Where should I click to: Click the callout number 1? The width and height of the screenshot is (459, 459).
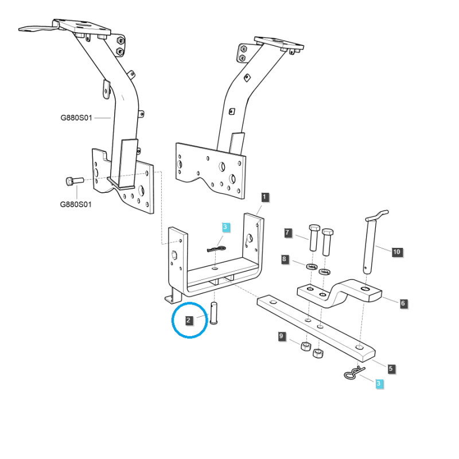(264, 197)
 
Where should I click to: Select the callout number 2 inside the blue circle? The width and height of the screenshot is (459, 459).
(188, 320)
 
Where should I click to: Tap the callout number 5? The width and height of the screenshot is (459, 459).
(391, 368)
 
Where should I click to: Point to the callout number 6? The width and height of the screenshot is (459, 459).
(403, 304)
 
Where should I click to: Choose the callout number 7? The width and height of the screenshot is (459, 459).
(289, 233)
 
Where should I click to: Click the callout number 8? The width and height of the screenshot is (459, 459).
(285, 260)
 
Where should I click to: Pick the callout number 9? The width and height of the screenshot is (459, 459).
(282, 337)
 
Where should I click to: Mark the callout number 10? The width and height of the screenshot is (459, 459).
(396, 251)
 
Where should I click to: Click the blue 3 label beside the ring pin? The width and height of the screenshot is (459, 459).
(378, 383)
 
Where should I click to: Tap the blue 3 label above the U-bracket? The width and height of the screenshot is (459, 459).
(225, 227)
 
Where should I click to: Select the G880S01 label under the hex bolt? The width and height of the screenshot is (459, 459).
(76, 204)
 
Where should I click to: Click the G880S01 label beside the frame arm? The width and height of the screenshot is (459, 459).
(76, 118)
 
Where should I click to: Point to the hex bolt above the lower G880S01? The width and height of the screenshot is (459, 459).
(71, 181)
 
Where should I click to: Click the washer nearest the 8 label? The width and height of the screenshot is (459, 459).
(312, 267)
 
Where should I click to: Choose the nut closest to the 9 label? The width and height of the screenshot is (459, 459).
(306, 346)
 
